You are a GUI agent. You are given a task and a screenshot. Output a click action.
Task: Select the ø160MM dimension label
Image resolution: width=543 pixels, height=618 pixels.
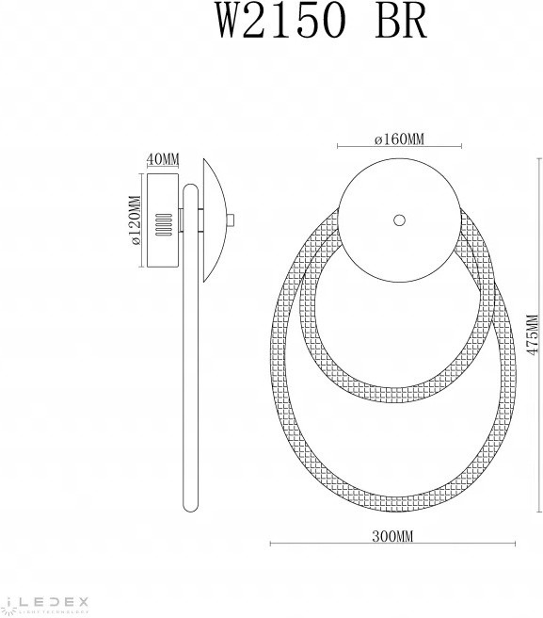[399, 139]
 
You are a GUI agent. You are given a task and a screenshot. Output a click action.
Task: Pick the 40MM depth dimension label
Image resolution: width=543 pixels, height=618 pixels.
[162, 158]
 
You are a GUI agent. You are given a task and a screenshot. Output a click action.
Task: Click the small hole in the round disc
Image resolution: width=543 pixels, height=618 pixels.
[399, 220]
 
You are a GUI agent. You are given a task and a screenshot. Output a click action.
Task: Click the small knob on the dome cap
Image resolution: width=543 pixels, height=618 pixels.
[232, 222]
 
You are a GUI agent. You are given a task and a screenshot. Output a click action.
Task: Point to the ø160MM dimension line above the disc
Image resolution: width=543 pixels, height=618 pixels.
[399, 148]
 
